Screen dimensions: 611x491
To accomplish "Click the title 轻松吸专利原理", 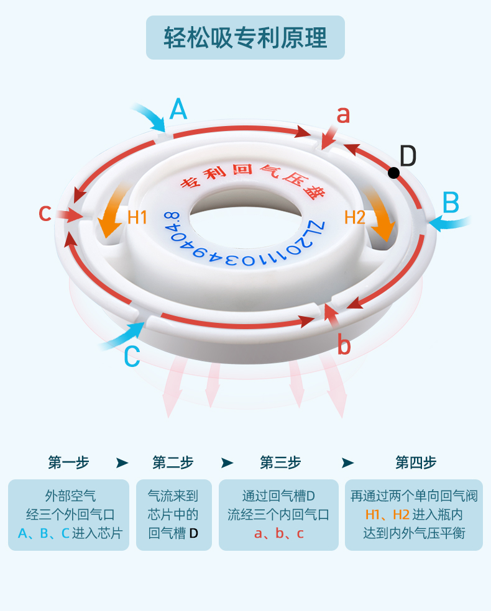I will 245,38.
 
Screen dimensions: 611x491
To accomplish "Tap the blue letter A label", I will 178,110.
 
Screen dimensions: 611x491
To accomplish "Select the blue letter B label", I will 451,203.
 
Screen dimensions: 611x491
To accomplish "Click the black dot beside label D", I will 393,173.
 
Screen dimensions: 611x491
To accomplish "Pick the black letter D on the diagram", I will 408,156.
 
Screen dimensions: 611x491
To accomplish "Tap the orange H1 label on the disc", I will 137,217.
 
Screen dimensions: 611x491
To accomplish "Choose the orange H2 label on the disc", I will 354,217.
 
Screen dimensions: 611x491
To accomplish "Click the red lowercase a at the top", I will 343,115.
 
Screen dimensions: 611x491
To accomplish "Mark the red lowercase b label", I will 344,345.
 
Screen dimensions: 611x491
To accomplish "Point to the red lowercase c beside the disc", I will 44,213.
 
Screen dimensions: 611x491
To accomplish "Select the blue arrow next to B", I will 449,222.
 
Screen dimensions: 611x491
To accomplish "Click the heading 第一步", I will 68,463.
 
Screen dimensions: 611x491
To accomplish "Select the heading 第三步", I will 280,463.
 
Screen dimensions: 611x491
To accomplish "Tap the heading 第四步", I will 416,463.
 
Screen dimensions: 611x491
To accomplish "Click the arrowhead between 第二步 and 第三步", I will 227,463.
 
